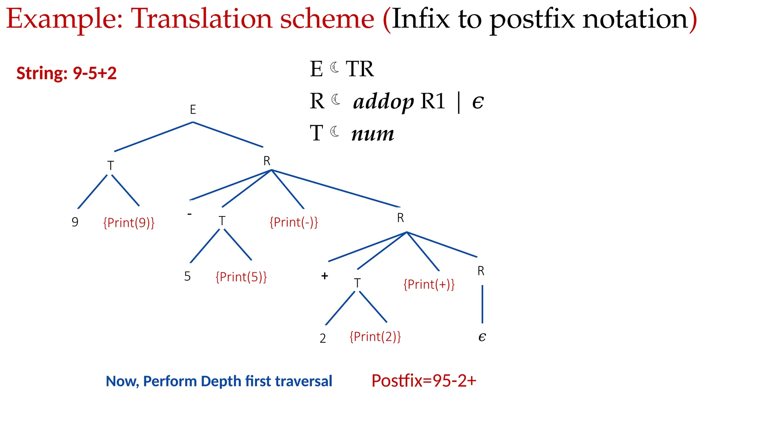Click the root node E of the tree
click(193, 110)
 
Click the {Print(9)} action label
click(129, 223)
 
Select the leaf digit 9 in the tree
click(75, 222)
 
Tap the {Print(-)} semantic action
click(294, 222)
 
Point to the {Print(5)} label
click(241, 277)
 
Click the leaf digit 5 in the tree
click(187, 276)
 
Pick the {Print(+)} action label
click(429, 284)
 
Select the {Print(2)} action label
click(375, 337)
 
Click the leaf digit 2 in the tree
click(323, 338)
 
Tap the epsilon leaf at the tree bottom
click(482, 337)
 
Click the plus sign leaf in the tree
click(325, 276)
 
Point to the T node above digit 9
click(110, 166)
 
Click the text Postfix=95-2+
click(424, 381)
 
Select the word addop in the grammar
click(383, 102)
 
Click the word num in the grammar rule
click(373, 134)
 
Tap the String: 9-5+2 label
click(67, 73)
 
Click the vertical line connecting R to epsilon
click(482, 304)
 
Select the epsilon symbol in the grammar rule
click(478, 102)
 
